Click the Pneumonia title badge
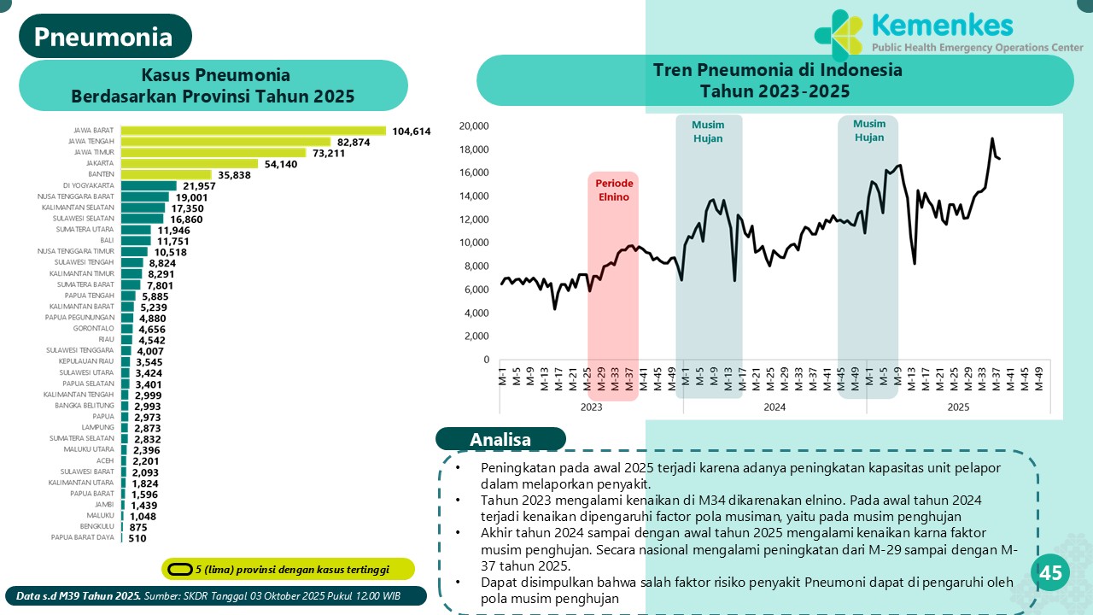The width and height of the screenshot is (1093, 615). coord(104,37)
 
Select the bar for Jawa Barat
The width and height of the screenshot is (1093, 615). coord(253,131)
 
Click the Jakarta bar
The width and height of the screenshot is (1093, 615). coord(189,163)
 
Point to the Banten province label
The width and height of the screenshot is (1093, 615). coord(102,174)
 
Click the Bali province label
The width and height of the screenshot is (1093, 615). coord(108,241)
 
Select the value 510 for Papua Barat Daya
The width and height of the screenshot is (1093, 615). coord(137,538)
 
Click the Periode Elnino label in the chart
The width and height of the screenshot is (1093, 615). coord(614,190)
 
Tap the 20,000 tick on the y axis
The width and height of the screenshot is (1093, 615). coord(473,126)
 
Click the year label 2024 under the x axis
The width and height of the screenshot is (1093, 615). coord(774,407)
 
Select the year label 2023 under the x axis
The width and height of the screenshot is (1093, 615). coord(591,407)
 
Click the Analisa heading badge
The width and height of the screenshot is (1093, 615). coord(500,439)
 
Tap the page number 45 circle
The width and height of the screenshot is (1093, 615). coord(1050,573)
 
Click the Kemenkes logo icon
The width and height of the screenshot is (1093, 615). coord(838,35)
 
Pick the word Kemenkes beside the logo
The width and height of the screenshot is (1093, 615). coord(942,25)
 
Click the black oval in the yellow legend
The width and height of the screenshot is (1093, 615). coord(179,569)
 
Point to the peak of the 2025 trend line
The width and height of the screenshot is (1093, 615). coord(991,138)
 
